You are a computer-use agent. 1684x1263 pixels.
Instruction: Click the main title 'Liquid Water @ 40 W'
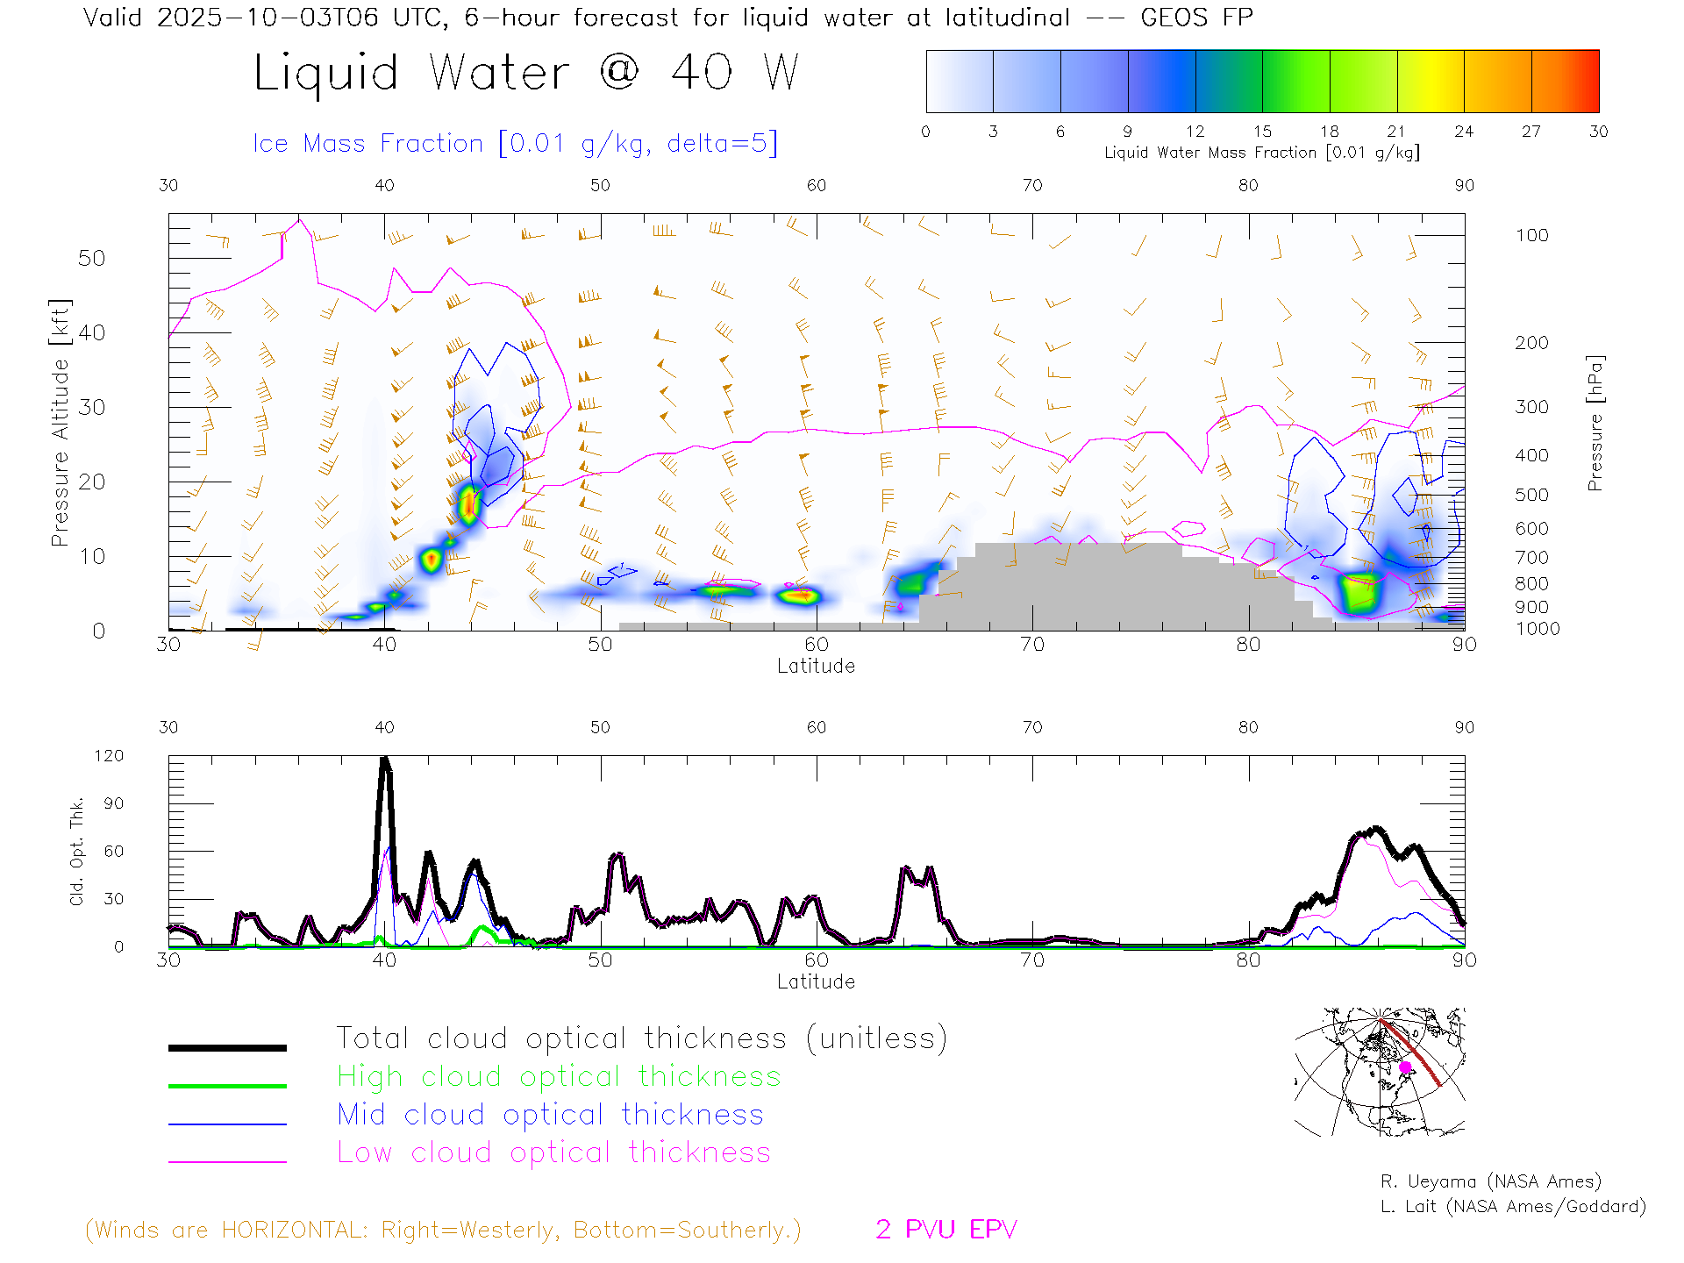tap(526, 73)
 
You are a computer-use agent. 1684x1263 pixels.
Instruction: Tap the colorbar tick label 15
tap(1262, 132)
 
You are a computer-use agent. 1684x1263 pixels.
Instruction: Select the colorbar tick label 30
tap(1598, 132)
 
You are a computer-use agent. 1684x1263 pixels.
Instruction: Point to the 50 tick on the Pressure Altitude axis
tap(91, 258)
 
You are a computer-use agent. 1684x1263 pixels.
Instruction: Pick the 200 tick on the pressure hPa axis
tap(1531, 343)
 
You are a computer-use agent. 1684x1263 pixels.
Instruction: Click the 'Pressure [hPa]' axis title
tap(1595, 423)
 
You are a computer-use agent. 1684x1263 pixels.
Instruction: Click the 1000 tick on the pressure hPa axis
tap(1537, 629)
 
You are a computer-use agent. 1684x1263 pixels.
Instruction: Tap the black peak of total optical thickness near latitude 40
tap(385, 760)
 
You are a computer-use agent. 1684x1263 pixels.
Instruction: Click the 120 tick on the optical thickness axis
tap(110, 756)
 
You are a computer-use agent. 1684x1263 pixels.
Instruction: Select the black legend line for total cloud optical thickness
tap(227, 1047)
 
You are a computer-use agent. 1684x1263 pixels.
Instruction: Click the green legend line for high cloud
tap(227, 1086)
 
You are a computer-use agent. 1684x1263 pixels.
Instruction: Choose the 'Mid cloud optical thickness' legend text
tap(551, 1115)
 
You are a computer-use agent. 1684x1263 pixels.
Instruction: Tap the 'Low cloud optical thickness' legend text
tap(553, 1152)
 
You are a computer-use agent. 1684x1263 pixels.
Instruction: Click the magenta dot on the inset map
tap(1405, 1067)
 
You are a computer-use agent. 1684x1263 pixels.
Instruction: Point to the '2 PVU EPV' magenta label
tap(945, 1230)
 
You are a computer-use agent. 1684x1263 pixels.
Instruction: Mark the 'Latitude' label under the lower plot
tap(816, 981)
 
